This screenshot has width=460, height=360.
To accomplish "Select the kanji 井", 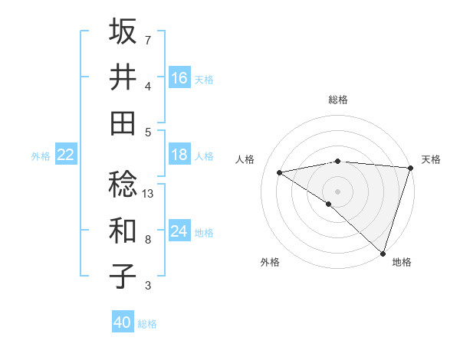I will pos(123,77).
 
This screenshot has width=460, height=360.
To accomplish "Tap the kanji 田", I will pos(123,123).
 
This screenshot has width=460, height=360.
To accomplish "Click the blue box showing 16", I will pos(179,78).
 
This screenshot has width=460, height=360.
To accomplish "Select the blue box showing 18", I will pos(179,155).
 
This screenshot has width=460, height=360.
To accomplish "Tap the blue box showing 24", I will pos(179,231).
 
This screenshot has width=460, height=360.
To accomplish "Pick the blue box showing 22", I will pos(66,155).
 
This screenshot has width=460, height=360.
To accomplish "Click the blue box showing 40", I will pos(123,322).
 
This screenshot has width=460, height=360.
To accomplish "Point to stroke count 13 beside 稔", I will pos(149,194).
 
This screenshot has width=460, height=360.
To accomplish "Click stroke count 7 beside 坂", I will pos(148,40).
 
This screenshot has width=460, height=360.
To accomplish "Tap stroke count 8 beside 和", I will pos(148,240).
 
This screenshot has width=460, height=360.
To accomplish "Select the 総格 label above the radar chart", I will pos(338,100).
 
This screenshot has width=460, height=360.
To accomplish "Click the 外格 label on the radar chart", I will pos(270,262).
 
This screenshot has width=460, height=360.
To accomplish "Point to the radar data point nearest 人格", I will pos(279,172).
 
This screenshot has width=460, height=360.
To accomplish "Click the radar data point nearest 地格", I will pos(383,252).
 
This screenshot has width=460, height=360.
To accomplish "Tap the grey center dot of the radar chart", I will pos(337,191).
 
